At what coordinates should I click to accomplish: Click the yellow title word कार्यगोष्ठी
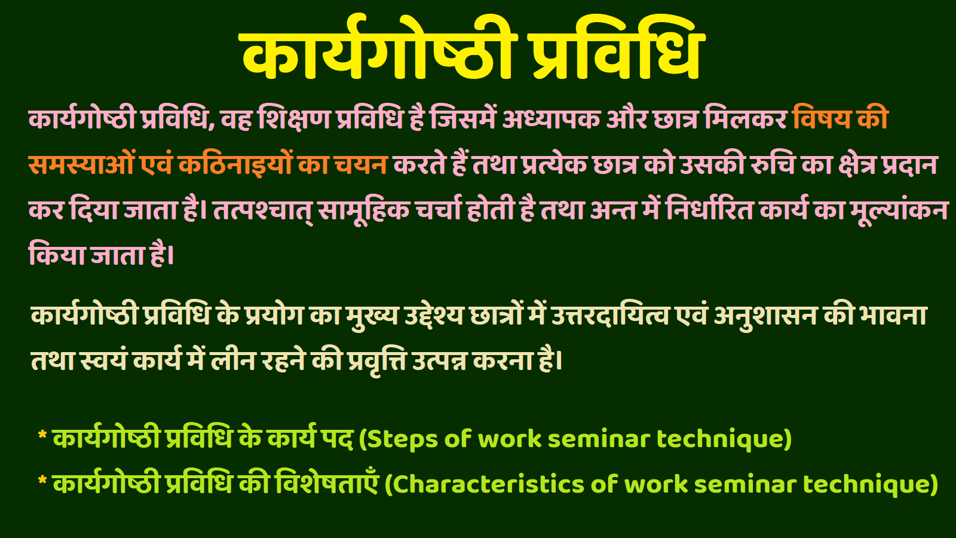tap(380, 49)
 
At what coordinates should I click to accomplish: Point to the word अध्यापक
tap(551, 117)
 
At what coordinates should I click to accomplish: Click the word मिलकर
tap(744, 117)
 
